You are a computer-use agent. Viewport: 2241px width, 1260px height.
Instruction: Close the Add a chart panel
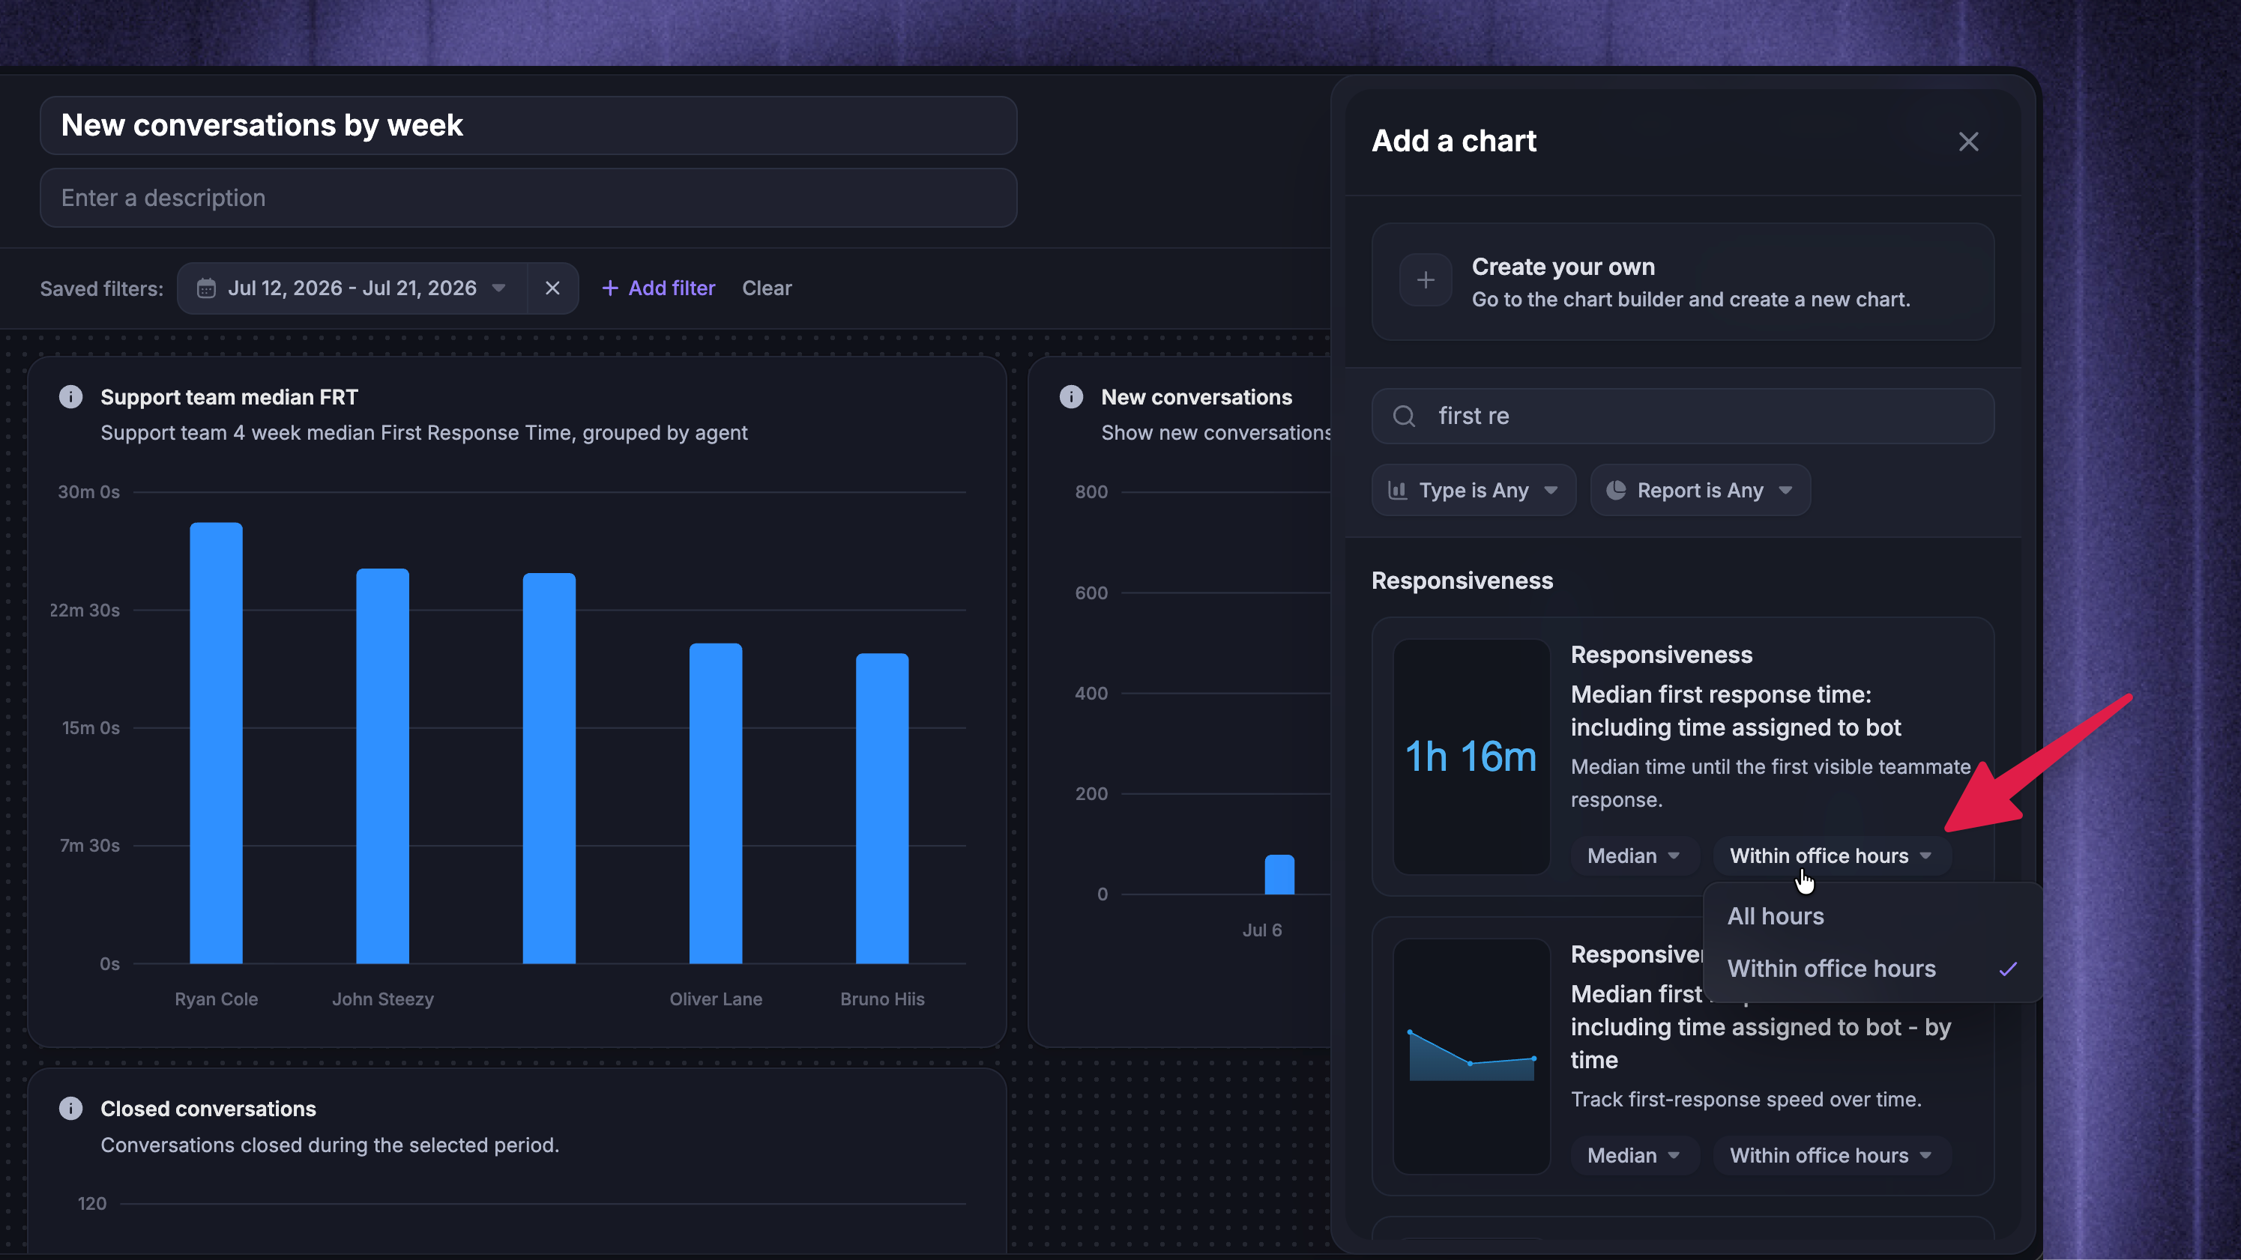pos(1968,142)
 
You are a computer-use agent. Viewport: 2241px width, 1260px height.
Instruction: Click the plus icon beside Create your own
pos(1425,280)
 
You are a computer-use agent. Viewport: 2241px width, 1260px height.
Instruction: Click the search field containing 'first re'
pos(1683,416)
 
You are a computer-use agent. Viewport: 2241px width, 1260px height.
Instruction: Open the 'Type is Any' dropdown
pos(1474,491)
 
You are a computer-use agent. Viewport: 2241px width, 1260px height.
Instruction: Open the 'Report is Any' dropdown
pos(1700,491)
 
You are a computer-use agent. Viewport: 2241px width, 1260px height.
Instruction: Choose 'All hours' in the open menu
pos(1776,915)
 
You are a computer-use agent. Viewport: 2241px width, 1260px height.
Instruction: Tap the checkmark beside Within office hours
pos(2008,969)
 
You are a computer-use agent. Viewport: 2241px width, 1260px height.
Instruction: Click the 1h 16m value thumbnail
pos(1471,757)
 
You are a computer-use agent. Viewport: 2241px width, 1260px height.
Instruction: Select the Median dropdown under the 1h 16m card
pos(1633,855)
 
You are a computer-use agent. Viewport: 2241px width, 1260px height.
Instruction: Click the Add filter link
pos(659,288)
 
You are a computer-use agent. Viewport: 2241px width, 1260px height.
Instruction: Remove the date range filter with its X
pos(552,288)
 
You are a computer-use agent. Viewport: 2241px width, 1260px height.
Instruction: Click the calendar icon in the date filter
pos(206,288)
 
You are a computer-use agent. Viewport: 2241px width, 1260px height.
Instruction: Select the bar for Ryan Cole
pos(216,742)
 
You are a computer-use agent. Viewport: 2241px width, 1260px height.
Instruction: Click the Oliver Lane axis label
pos(716,999)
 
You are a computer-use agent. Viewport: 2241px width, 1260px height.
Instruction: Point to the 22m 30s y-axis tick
pos(85,611)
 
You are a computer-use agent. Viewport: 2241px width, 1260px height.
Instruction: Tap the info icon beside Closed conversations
pos(70,1108)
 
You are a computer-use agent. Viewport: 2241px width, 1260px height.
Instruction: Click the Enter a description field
pos(528,199)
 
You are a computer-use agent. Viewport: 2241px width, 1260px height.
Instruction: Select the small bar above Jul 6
pos(1279,874)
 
